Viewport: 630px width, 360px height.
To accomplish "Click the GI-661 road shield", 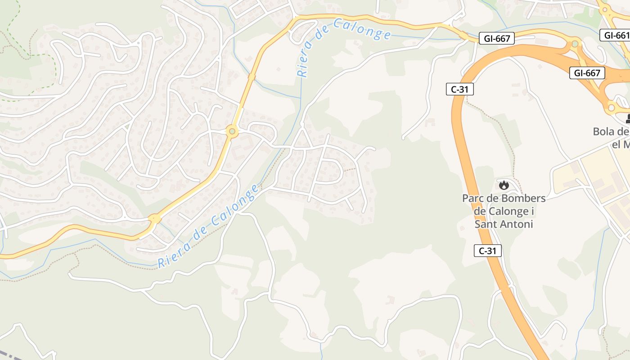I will coord(615,35).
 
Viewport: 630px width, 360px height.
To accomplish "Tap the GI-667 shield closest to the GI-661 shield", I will coord(587,73).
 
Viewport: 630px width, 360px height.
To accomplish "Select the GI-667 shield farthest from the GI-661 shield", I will coord(497,39).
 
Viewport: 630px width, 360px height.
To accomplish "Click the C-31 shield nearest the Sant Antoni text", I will coord(487,251).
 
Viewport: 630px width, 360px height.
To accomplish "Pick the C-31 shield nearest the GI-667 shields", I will coord(459,89).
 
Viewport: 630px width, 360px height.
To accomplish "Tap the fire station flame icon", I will coord(504,184).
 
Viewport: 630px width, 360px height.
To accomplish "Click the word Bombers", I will coord(523,198).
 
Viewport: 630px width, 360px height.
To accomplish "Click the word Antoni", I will coord(518,224).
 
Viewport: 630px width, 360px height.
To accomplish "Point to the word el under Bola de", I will coord(616,144).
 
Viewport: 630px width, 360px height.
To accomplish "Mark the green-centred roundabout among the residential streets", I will coord(232,132).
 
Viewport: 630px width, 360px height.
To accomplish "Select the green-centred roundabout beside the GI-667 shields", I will coord(575,44).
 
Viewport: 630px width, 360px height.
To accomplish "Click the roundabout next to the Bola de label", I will coord(611,108).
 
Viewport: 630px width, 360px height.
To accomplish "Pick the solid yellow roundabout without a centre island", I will coord(155,219).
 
